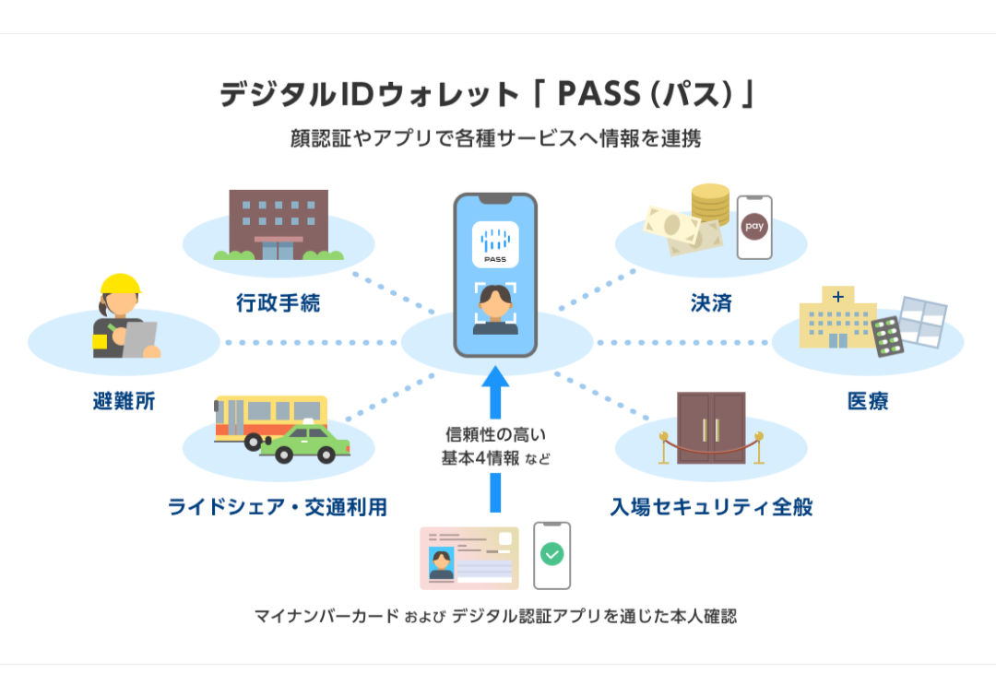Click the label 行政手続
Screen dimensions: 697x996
(278, 303)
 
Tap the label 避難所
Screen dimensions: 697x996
(124, 401)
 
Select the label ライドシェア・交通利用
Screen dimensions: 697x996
(277, 506)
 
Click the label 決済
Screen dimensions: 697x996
(710, 303)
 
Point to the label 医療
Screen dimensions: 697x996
(867, 401)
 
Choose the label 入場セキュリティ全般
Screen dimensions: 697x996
(711, 506)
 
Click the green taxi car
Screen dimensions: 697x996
(305, 444)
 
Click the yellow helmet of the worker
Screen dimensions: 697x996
(121, 282)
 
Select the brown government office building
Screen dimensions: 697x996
(278, 224)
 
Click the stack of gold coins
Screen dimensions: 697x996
(710, 205)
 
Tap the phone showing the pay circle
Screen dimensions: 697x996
(753, 227)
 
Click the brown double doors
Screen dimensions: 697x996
(710, 428)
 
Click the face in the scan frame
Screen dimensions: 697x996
(495, 306)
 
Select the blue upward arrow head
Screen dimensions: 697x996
(495, 378)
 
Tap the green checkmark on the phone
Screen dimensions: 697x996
(552, 554)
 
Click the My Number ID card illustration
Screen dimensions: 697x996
(468, 558)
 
